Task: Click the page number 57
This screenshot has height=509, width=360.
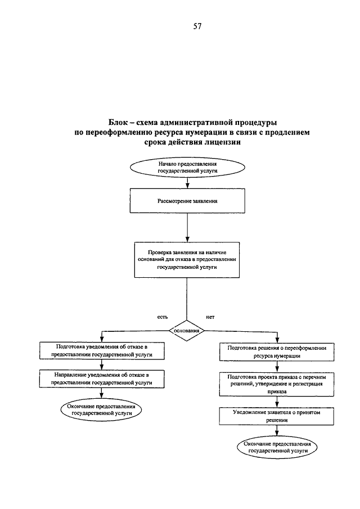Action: click(x=197, y=26)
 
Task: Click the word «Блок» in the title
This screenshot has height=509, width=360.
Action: click(x=118, y=123)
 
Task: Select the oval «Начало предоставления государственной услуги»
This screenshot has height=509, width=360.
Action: click(x=187, y=168)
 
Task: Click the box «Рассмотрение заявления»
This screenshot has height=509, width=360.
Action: click(x=187, y=201)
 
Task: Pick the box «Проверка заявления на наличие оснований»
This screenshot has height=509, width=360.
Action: click(x=187, y=260)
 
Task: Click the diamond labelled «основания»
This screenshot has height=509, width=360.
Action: click(x=187, y=331)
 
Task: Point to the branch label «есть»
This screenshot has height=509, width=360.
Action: click(x=163, y=317)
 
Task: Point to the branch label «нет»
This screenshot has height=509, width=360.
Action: click(x=210, y=317)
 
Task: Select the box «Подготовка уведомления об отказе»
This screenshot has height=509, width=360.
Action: click(x=102, y=350)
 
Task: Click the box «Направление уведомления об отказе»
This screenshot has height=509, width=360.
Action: click(x=102, y=379)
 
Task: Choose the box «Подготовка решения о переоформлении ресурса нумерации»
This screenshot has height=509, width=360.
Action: click(x=277, y=352)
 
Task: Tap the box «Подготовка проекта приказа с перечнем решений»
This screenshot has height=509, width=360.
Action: click(x=277, y=384)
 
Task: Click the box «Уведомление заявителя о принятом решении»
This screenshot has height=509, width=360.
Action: click(x=277, y=416)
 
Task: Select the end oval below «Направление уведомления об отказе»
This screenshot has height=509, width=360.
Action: click(x=101, y=409)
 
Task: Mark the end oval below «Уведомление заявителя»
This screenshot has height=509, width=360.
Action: click(x=277, y=447)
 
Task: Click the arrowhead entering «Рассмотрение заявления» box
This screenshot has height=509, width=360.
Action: click(x=187, y=186)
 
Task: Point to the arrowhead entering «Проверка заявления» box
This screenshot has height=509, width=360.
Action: click(x=187, y=239)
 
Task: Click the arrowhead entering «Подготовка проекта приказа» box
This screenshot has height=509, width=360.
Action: click(x=277, y=370)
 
